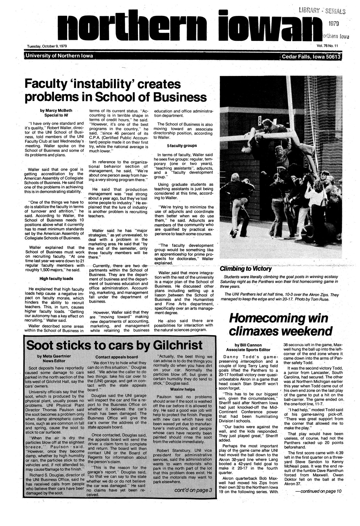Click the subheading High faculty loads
56,278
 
